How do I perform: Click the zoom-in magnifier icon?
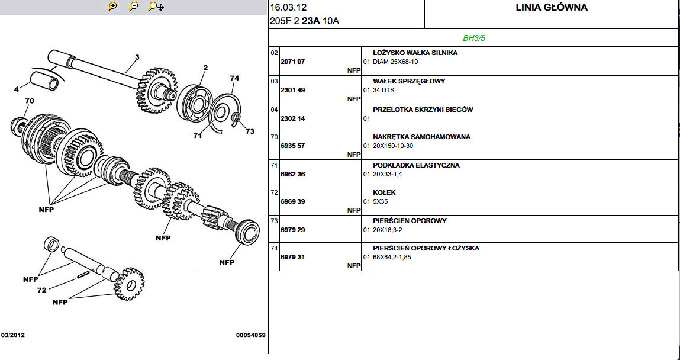pyautogui.click(x=111, y=7)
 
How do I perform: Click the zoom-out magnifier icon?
pyautogui.click(x=133, y=7)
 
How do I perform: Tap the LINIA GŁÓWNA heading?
pyautogui.click(x=552, y=8)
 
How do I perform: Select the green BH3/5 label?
pyautogui.click(x=473, y=38)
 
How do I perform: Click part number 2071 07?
pyautogui.click(x=292, y=62)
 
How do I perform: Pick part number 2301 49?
pyautogui.click(x=292, y=90)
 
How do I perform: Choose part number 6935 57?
pyautogui.click(x=292, y=146)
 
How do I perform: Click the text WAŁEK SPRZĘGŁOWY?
pyautogui.click(x=409, y=81)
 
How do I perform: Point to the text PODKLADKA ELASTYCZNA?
pyautogui.click(x=416, y=165)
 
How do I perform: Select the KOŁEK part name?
pyautogui.click(x=384, y=192)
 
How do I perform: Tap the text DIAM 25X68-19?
pyautogui.click(x=395, y=62)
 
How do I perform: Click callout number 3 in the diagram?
pyautogui.click(x=137, y=57)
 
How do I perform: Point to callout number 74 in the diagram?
pyautogui.click(x=234, y=78)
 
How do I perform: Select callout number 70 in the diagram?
pyautogui.click(x=30, y=101)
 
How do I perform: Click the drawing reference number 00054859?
pyautogui.click(x=251, y=335)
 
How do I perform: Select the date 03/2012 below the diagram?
pyautogui.click(x=13, y=335)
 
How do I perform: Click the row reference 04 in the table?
pyautogui.click(x=274, y=110)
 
